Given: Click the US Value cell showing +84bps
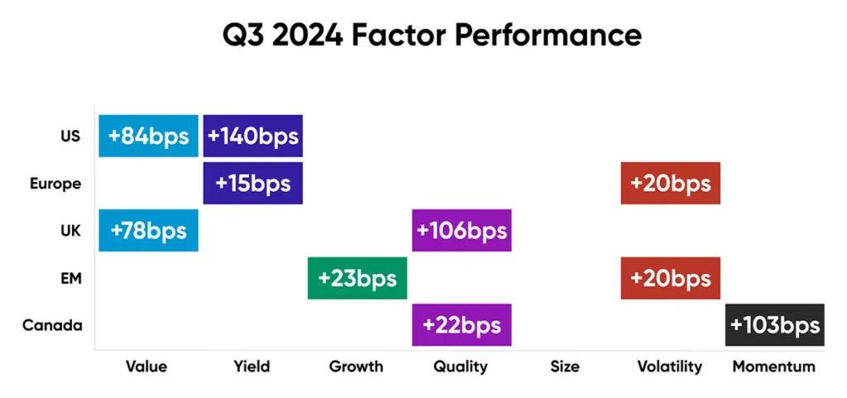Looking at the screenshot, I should coord(148,136).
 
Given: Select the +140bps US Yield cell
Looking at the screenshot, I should coord(253,136).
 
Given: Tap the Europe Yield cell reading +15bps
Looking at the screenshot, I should coord(253,183).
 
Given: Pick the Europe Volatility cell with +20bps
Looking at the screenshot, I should coord(670,183).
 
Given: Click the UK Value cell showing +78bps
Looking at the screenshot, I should coord(148,230).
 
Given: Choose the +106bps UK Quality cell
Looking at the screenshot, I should coord(462,230).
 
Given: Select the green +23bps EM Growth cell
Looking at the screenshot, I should coord(357,278).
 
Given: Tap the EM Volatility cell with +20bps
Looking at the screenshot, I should coord(670,278).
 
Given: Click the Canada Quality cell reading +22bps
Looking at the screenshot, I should coord(462,324).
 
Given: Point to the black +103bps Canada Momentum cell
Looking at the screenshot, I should coord(775,324).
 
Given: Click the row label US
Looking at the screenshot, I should coord(71,136).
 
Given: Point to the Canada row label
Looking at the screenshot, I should coord(52,325).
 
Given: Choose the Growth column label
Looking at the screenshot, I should coord(357,366).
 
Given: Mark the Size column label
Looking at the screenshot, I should coord(565,366).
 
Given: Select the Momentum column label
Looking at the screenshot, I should coord(773,366).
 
